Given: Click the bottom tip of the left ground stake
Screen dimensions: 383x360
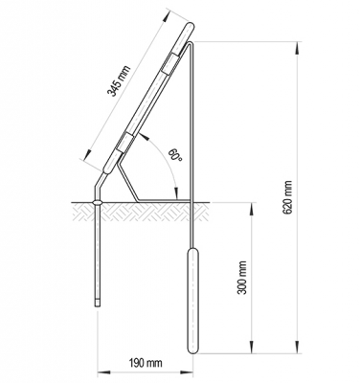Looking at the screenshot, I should point(98,305).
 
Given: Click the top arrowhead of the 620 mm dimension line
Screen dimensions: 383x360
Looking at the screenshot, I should point(299,44).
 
